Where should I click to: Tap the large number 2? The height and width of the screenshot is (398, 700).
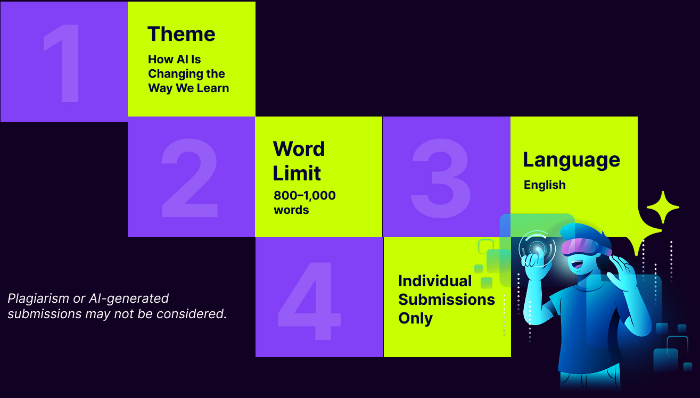click(x=190, y=178)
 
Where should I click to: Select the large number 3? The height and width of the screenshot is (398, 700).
click(x=441, y=178)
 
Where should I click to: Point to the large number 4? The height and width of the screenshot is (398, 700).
click(x=309, y=301)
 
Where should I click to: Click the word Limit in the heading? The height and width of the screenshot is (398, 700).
click(x=297, y=173)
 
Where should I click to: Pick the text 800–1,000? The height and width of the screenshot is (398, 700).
click(x=304, y=196)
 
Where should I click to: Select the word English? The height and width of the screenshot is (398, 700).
click(x=545, y=185)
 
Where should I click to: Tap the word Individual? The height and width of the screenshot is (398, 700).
click(x=435, y=281)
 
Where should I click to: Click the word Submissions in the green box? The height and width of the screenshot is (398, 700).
click(x=447, y=299)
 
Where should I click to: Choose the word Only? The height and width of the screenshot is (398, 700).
click(x=416, y=318)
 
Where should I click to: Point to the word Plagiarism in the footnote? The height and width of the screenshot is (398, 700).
click(x=38, y=299)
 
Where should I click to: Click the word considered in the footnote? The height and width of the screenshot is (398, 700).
click(x=191, y=313)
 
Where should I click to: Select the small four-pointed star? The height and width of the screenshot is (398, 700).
click(x=663, y=207)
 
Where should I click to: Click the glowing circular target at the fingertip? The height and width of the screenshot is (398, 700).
click(x=537, y=249)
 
